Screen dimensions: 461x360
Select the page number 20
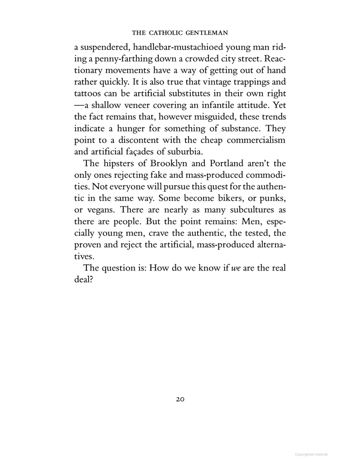coord(180,398)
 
